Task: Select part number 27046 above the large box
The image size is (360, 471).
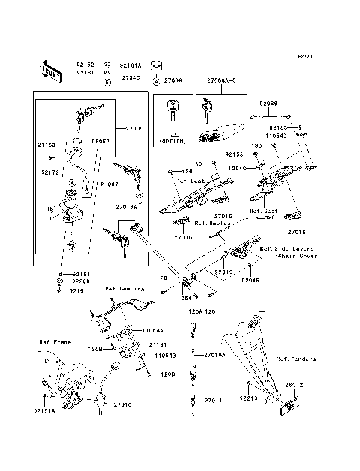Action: coord(130,77)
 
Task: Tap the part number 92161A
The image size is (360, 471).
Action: coord(130,65)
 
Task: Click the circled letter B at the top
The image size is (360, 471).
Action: coord(107,80)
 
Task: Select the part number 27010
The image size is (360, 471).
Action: coord(123,404)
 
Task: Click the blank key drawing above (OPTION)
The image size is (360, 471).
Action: coord(173,117)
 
